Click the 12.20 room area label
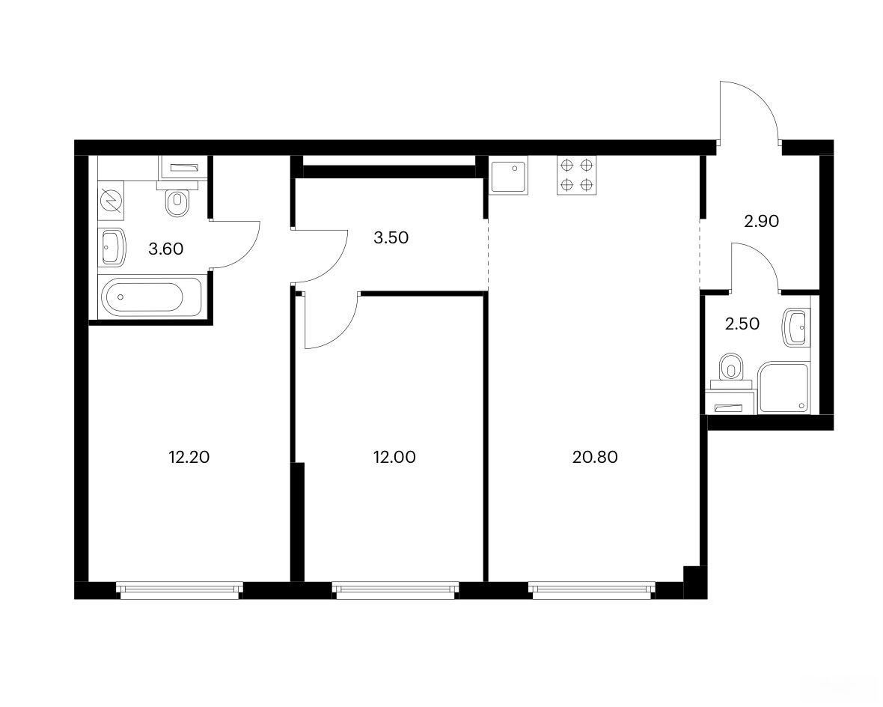point(189,457)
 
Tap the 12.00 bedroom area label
point(394,457)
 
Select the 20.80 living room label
point(595,457)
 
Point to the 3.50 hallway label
point(391,237)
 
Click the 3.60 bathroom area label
point(165,249)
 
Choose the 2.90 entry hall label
point(761,221)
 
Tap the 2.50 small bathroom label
point(742,324)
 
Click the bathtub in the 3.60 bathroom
point(151,297)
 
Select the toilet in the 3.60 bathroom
point(177,197)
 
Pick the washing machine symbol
point(111,200)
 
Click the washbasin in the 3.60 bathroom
point(112,247)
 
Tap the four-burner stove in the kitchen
point(577,175)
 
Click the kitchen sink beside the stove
point(509,177)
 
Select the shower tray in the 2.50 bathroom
point(784,387)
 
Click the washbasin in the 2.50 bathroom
point(796,327)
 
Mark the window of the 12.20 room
point(180,589)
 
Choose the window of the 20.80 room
point(592,589)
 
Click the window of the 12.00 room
point(395,589)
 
